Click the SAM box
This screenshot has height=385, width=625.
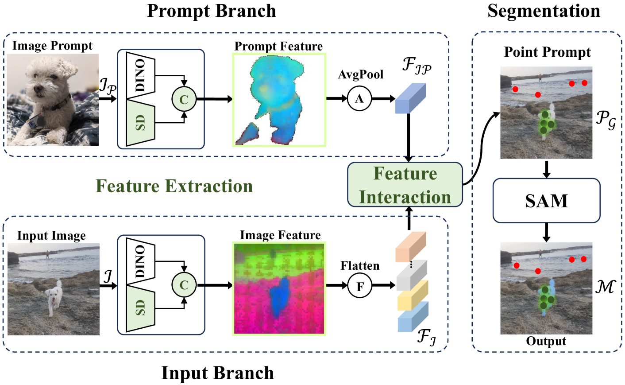546,200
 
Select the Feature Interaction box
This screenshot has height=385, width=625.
405,185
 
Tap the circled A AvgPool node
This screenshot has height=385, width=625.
359,98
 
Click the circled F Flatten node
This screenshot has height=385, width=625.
360,286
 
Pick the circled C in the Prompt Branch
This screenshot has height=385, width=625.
184,99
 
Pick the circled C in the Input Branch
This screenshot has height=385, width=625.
184,285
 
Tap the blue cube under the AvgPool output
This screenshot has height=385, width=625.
410,98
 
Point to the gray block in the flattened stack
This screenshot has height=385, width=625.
411,275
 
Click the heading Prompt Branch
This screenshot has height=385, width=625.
211,11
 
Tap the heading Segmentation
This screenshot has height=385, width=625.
544,11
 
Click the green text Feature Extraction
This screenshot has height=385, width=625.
174,186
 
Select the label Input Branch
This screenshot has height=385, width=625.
217,373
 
